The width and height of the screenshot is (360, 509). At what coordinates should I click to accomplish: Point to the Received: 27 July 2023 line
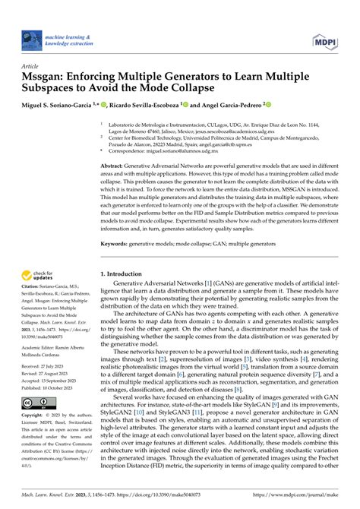52,365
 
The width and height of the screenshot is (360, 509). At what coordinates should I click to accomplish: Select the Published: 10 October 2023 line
56,387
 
